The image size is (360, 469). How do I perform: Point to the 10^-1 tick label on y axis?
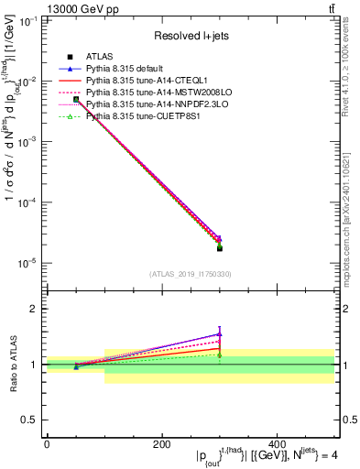[31, 21]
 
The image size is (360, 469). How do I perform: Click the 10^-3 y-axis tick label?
[31, 142]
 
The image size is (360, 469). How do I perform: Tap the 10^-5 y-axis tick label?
[31, 263]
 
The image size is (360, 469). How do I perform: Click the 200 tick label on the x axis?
[161, 444]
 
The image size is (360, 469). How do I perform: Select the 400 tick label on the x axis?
[277, 444]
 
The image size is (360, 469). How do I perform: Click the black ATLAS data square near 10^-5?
[219, 248]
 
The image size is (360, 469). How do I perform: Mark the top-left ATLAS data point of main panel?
[76, 99]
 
